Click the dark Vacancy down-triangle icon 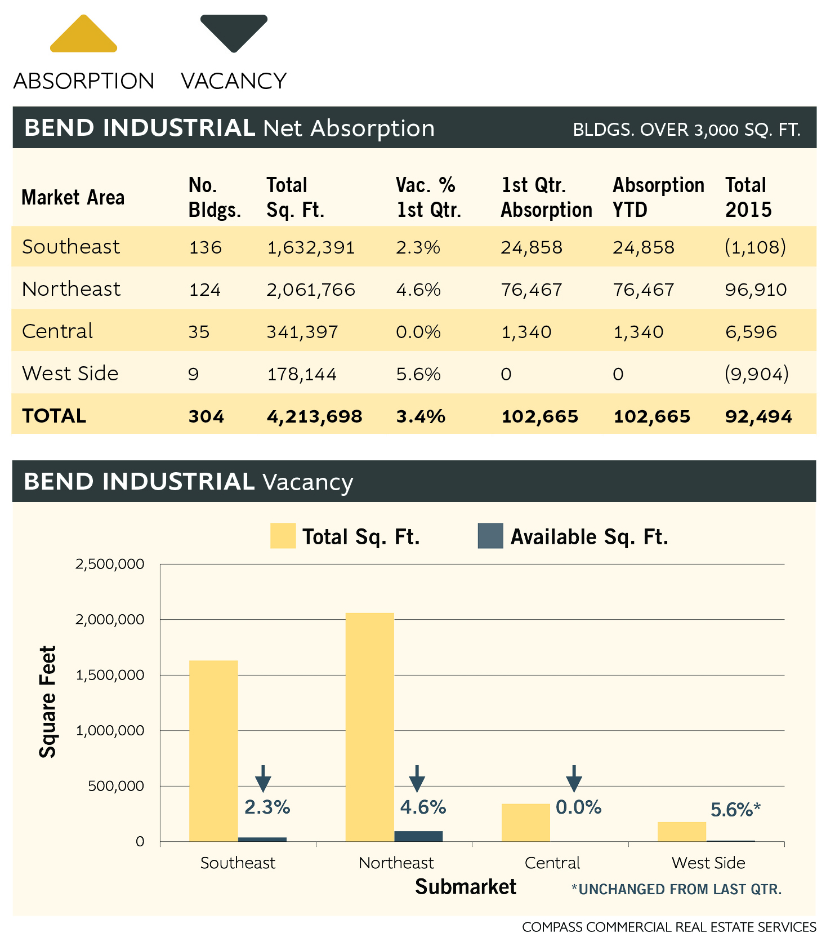234,32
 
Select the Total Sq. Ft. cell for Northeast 311,290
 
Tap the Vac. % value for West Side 418,374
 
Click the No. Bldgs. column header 215,197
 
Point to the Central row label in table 57,331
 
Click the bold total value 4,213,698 314,416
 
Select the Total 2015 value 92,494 758,416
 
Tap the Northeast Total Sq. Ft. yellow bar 369,727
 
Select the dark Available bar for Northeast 418,836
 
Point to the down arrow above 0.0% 574,778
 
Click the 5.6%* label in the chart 735,810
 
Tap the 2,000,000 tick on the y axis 110,620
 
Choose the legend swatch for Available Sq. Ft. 490,536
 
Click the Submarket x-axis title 466,887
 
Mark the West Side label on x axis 708,863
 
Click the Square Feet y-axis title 48,701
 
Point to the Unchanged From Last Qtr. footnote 676,889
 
